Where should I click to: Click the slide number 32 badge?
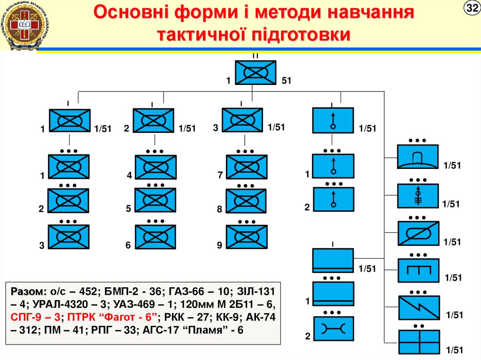point(471,8)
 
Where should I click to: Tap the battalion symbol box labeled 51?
point(256,73)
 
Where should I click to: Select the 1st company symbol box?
point(69,121)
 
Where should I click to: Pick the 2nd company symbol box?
point(153,121)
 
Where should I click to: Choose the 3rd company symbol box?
point(242,120)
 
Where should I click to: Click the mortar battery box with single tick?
point(333,121)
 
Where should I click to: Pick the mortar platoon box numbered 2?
point(334,199)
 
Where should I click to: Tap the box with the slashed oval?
point(418,233)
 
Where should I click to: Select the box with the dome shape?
point(418,156)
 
